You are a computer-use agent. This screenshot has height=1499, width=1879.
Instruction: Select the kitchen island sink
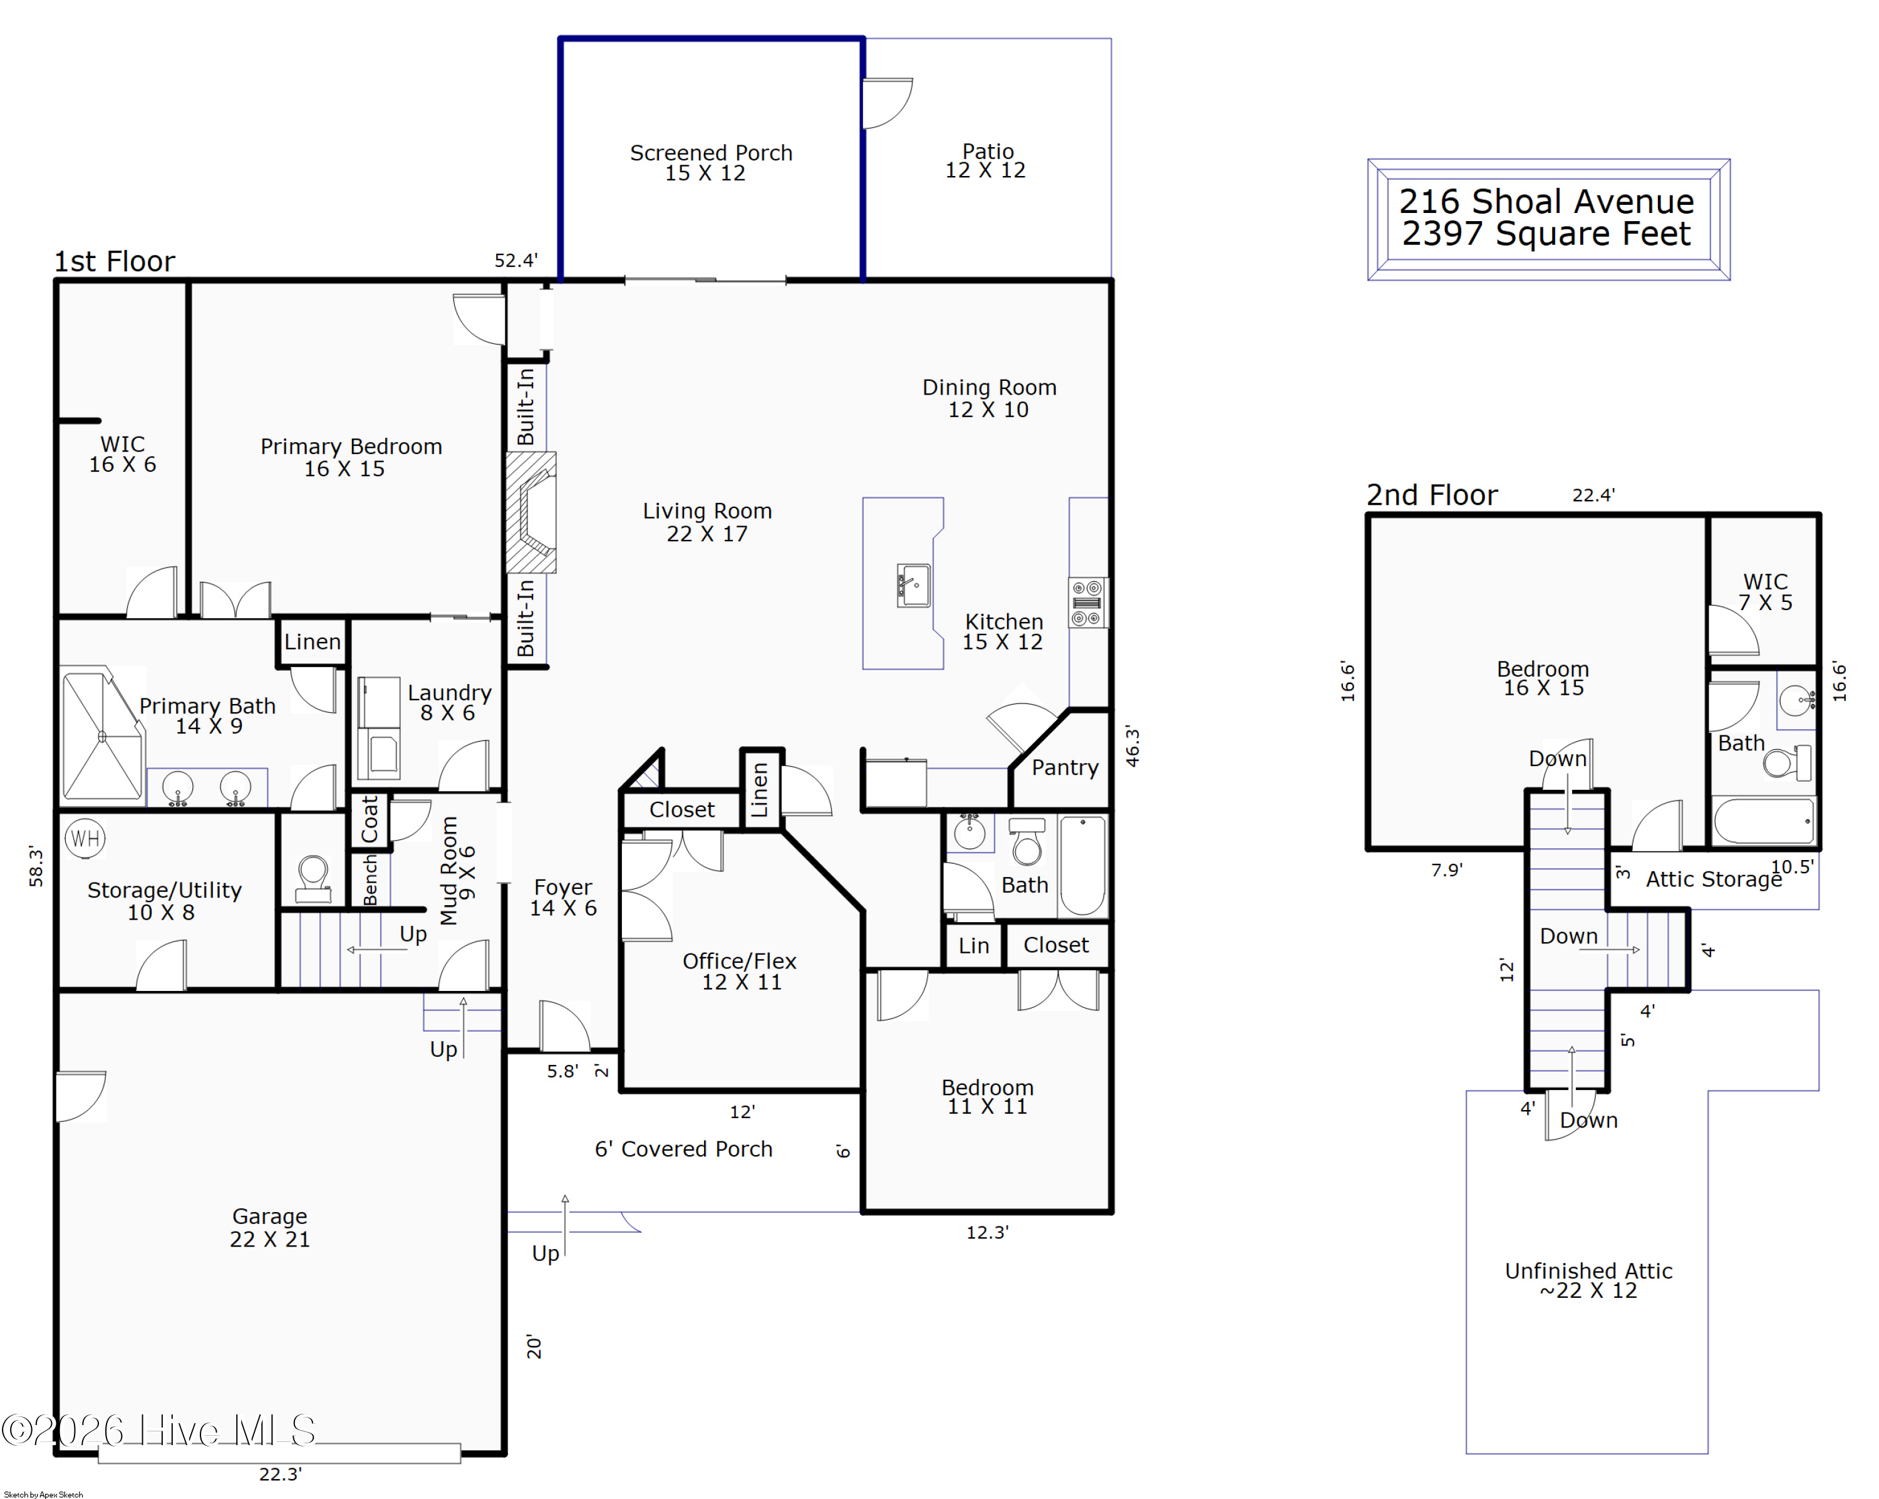point(913,585)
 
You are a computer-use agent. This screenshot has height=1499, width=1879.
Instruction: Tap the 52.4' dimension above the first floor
point(516,261)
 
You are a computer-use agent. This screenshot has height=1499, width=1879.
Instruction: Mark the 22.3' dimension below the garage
point(281,1474)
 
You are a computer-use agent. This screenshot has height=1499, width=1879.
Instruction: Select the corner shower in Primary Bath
point(102,735)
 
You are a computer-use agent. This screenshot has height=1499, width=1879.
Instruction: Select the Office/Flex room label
point(739,962)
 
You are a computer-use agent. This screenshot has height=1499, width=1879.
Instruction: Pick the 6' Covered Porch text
point(683,1149)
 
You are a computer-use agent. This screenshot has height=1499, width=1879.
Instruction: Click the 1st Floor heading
point(114,261)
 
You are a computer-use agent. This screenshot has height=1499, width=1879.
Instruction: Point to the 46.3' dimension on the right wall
point(1132,746)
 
